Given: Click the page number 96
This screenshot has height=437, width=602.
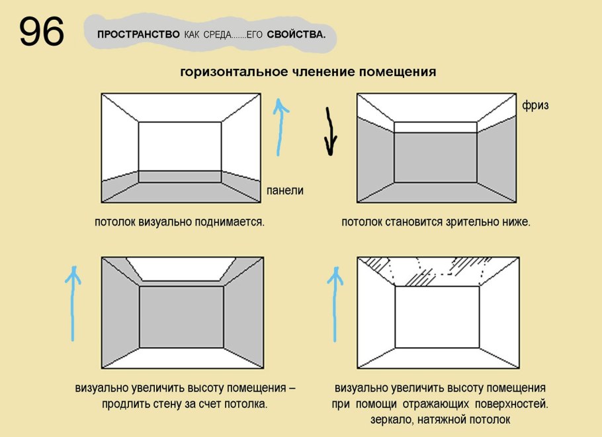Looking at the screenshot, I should coord(41,31).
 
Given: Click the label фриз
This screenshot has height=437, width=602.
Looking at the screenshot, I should coord(535,106).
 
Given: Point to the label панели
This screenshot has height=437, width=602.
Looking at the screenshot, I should coord(284,190).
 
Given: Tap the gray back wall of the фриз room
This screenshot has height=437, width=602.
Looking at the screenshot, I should coord(435,157).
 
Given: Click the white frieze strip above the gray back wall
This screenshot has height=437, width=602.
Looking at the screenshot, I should coord(435,128).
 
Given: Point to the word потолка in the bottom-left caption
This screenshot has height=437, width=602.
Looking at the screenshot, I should coord(246,403).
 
